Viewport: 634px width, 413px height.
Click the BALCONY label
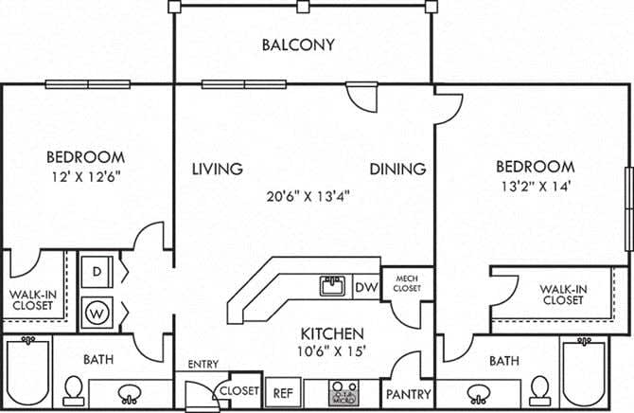[x=298, y=44]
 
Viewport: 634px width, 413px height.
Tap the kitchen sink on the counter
[x=331, y=285]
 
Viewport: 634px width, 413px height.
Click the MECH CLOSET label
[x=408, y=282]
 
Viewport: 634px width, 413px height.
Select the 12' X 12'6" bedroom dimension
[x=86, y=175]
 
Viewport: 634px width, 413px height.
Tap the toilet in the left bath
[x=73, y=388]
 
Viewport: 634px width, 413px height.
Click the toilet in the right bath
[x=540, y=389]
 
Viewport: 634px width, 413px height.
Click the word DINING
[x=396, y=170]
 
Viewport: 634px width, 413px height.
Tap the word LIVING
[x=217, y=170]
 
